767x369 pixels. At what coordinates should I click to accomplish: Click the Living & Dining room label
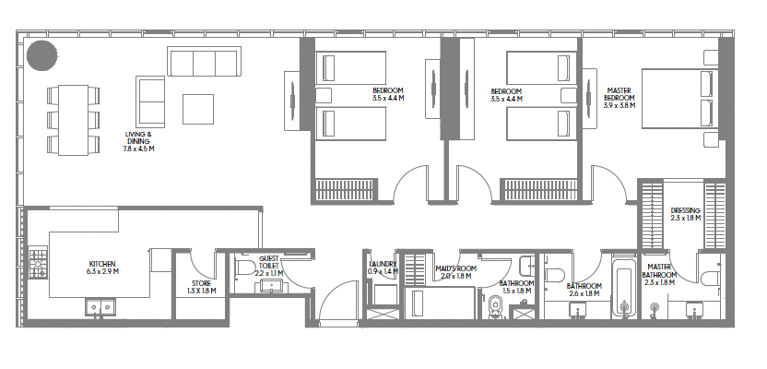[139, 141]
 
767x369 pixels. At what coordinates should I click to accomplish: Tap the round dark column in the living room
[42, 55]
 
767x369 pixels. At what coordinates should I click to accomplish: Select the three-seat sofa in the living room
[204, 61]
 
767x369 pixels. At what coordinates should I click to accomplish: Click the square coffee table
[198, 109]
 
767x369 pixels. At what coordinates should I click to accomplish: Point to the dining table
[74, 121]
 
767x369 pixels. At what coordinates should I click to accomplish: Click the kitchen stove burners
[38, 263]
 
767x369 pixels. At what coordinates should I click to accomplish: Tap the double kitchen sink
[100, 307]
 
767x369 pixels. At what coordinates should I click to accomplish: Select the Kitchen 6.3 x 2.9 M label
[102, 268]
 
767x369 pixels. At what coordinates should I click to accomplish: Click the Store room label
[202, 287]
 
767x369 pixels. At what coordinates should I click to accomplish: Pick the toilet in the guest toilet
[245, 268]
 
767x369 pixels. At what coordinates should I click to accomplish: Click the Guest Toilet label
[269, 266]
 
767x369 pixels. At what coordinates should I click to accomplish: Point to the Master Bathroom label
[660, 275]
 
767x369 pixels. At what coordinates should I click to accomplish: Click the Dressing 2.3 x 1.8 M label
[686, 214]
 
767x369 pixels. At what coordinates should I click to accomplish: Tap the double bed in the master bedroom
[680, 99]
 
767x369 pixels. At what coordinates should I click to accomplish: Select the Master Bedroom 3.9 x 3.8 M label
[619, 98]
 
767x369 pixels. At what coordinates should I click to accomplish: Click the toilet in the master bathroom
[710, 278]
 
